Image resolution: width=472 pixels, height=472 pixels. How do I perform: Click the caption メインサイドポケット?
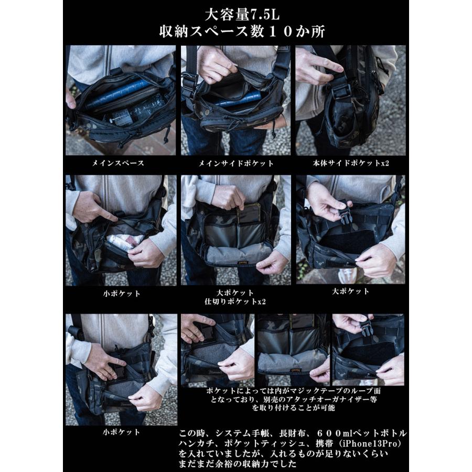point(235,163)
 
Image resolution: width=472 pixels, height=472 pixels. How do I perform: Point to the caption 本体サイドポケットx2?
point(351,163)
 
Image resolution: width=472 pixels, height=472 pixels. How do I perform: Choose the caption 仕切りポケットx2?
point(235,302)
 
